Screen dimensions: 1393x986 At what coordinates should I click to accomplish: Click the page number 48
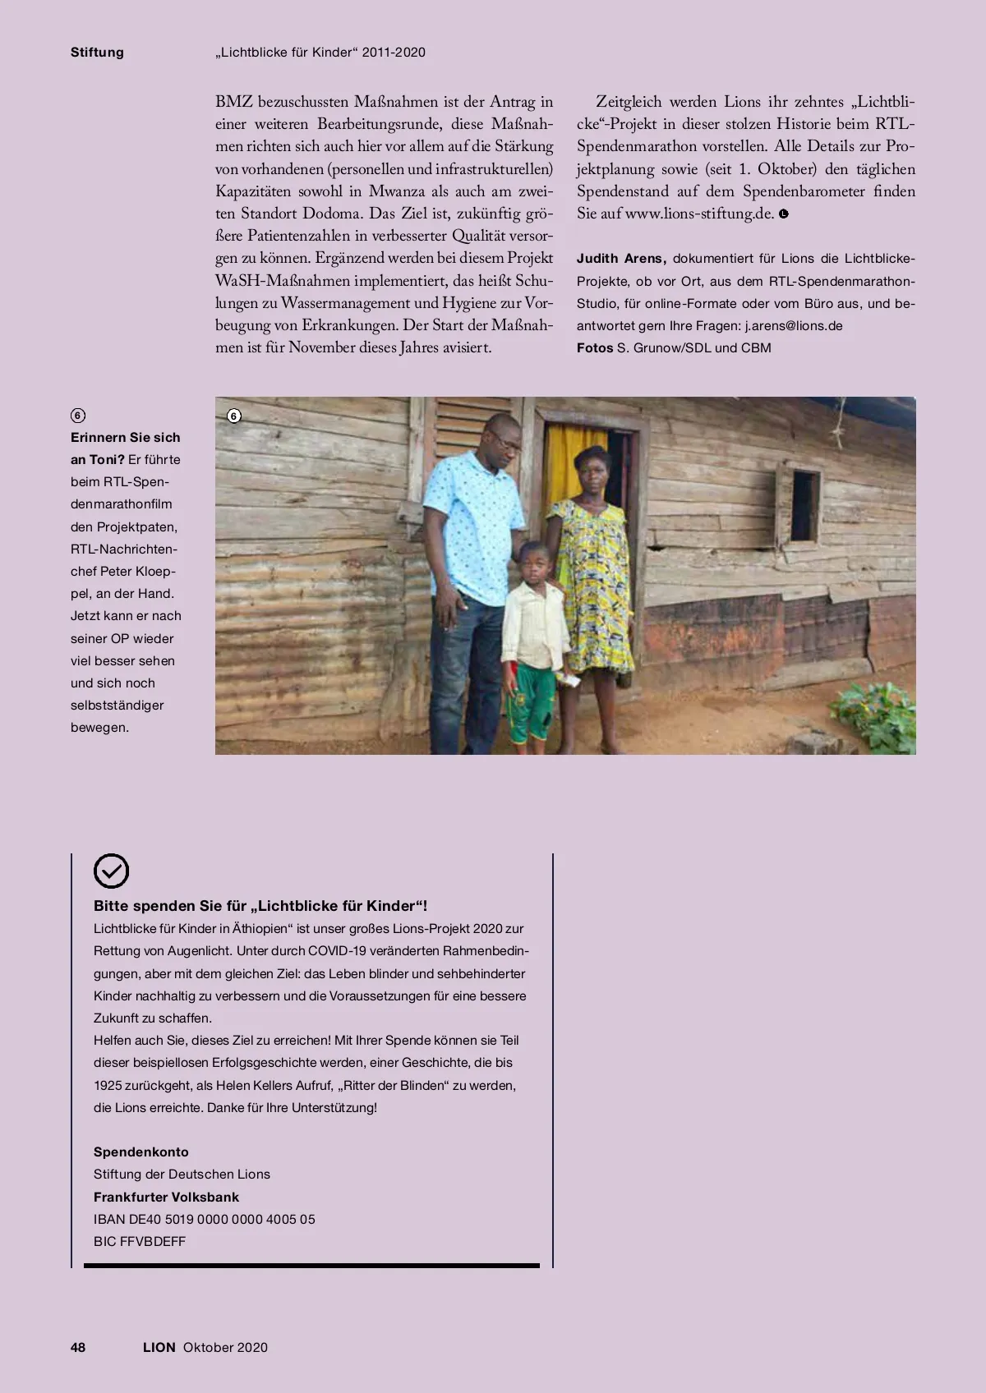tap(78, 1347)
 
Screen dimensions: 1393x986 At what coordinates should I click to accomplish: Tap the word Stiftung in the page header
tap(97, 53)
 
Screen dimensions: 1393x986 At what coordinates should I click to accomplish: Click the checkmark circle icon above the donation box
tap(112, 871)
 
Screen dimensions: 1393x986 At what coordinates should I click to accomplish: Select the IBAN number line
tap(205, 1219)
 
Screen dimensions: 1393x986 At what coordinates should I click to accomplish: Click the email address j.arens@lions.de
tap(794, 325)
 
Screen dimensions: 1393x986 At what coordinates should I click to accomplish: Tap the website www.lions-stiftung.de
tap(699, 214)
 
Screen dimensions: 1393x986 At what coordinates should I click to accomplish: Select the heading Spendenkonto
tap(141, 1152)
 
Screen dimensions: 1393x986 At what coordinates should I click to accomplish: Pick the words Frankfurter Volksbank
tap(167, 1197)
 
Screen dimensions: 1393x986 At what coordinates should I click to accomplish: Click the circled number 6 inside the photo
tap(234, 416)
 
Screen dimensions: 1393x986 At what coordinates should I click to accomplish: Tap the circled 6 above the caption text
tap(78, 416)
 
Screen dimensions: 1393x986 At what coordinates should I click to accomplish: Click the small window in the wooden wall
tap(804, 505)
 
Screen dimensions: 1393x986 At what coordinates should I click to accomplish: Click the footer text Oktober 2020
tap(226, 1347)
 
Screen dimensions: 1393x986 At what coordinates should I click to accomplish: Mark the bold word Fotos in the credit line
tap(595, 347)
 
